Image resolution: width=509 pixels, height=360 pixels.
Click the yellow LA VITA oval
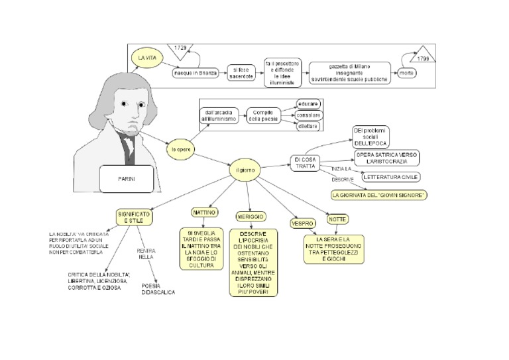coord(145,59)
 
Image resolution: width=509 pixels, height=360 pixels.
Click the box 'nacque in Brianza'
coord(196,73)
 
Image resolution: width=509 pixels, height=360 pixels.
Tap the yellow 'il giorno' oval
coord(245,170)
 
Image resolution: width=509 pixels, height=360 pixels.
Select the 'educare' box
coord(309,104)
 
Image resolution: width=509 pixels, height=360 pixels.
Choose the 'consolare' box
coord(309,115)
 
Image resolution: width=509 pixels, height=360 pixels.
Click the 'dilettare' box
coord(309,125)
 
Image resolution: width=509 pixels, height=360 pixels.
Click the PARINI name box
coord(126,178)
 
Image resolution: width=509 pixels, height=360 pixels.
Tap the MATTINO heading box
coord(204,213)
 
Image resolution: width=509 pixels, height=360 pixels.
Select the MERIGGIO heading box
coord(250,217)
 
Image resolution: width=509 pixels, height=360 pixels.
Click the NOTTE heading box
coord(338,219)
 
